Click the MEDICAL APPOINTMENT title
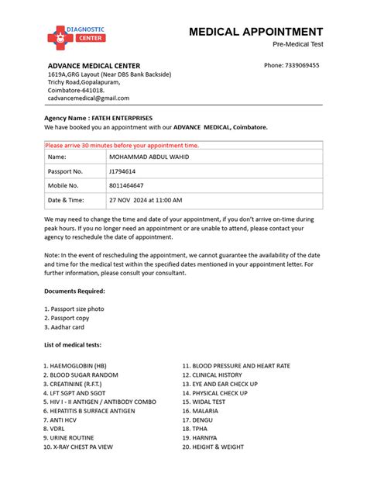coord(256,32)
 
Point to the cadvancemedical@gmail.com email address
coord(88,98)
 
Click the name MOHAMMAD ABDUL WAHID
coord(149,157)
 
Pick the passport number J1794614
coord(122,171)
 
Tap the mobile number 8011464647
coord(127,186)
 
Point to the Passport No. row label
coord(65,171)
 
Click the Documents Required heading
coord(74,291)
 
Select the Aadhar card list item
coord(64,327)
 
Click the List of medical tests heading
coord(72,344)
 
